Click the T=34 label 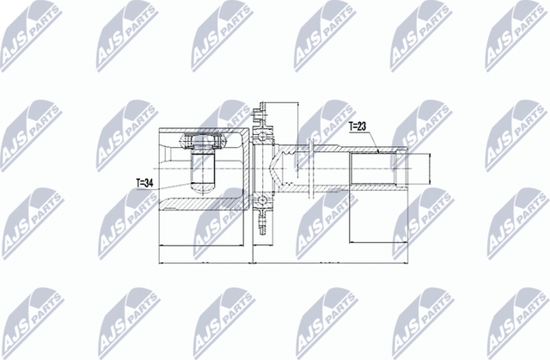(x=145, y=183)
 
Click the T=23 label (x=357, y=126)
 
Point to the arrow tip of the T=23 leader (x=380, y=152)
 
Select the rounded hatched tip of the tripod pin (x=203, y=187)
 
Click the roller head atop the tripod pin (x=203, y=141)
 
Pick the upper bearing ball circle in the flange (x=263, y=137)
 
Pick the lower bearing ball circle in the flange (x=263, y=200)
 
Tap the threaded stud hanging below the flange (x=262, y=222)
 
